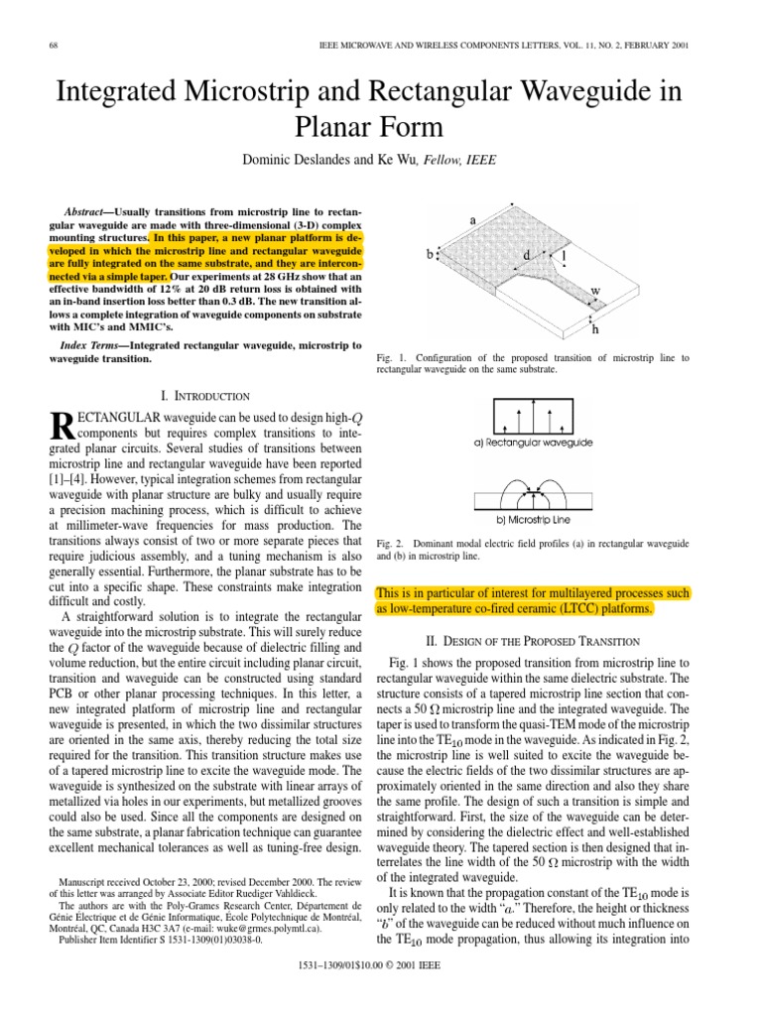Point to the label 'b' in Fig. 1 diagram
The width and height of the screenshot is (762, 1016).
(x=429, y=255)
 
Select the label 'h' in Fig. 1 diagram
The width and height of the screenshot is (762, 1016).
(x=594, y=328)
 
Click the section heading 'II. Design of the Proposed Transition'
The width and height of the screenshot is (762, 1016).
(x=534, y=641)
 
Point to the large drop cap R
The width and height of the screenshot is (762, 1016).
(x=62, y=429)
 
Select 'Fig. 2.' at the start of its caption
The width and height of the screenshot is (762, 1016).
(x=391, y=544)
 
